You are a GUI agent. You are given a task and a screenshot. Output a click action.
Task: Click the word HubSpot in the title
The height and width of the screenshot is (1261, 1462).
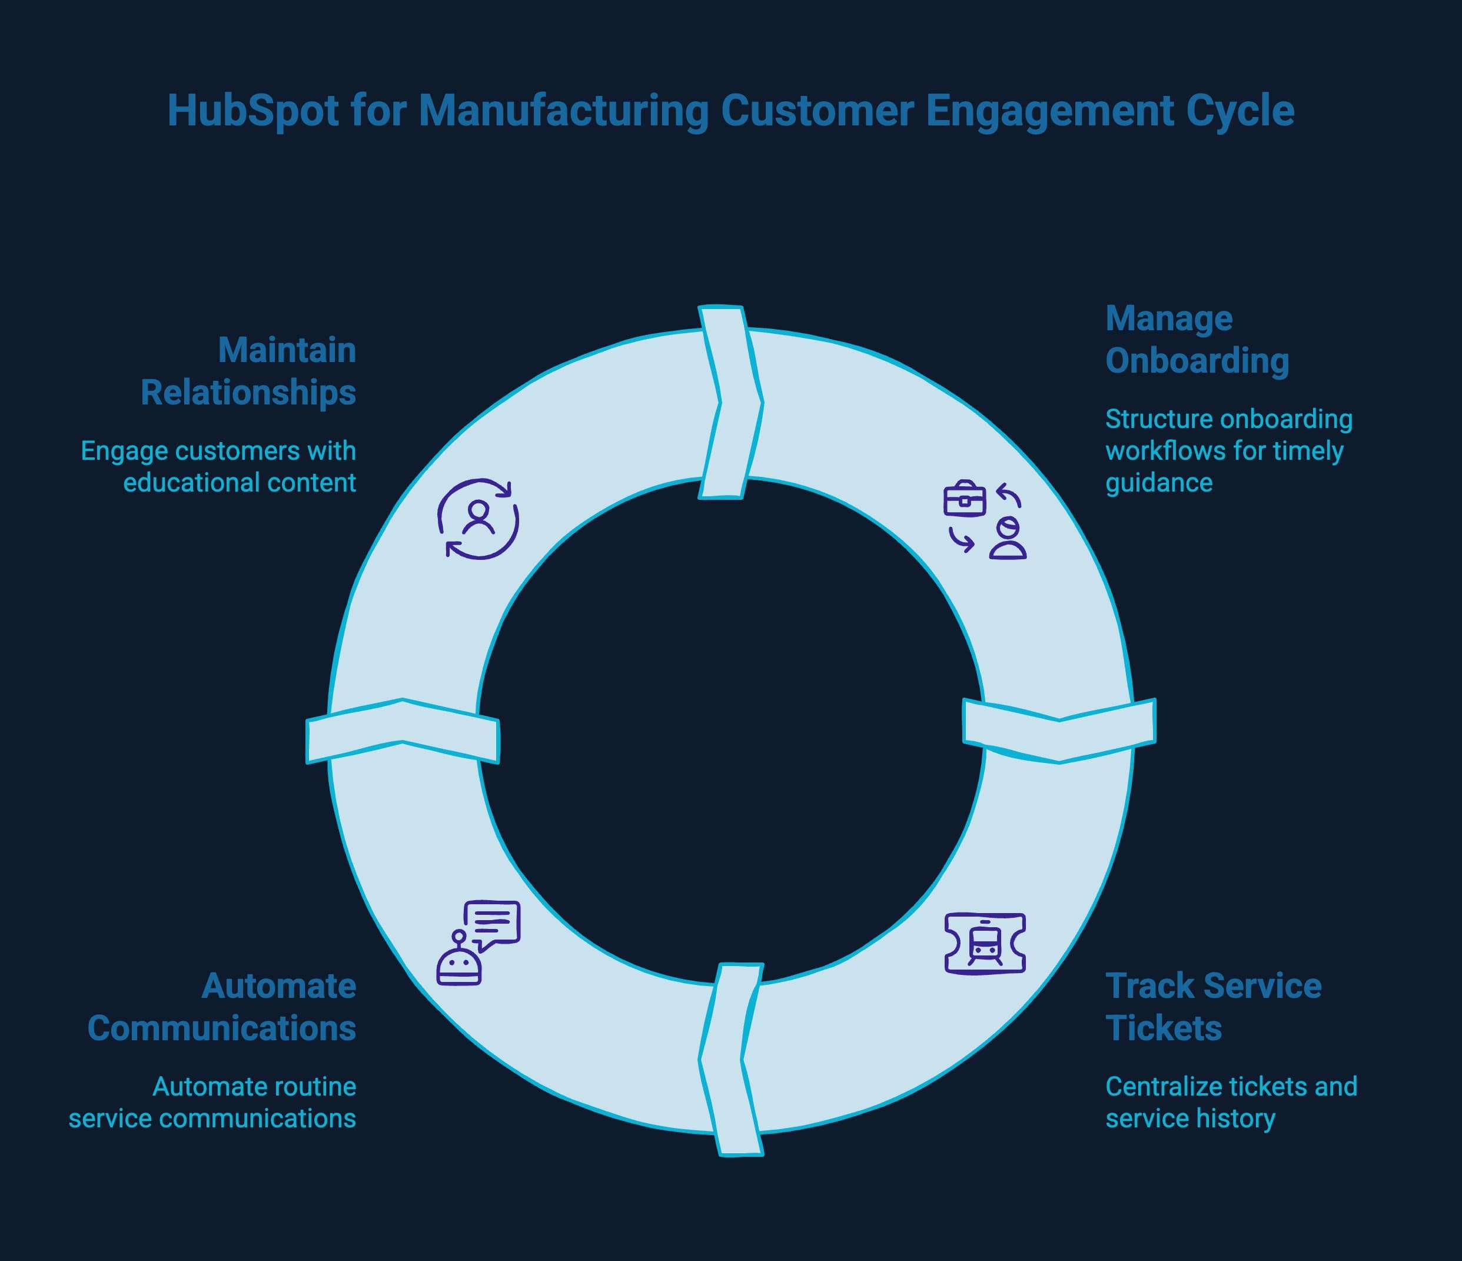pos(252,111)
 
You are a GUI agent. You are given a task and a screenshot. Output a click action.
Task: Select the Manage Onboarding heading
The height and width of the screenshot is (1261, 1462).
pos(1197,340)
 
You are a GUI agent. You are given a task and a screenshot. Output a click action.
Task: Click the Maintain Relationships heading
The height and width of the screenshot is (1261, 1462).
pos(248,371)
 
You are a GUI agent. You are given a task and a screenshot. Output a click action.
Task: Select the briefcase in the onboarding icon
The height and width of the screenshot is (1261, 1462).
pos(964,500)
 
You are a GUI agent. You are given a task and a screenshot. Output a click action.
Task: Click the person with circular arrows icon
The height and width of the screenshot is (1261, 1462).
pos(479,519)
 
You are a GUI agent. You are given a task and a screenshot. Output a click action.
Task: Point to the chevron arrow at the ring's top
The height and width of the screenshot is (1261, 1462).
pos(730,402)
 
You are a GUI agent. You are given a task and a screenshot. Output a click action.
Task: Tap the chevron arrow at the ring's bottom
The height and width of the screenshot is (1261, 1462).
pos(730,1059)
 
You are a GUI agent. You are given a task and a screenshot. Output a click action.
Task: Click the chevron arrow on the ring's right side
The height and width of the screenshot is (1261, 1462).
pos(1059,731)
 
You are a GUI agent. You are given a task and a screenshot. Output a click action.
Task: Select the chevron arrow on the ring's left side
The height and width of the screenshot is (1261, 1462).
pos(402,731)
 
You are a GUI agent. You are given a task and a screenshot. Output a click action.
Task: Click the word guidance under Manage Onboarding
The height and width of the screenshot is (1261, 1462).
pos(1158,483)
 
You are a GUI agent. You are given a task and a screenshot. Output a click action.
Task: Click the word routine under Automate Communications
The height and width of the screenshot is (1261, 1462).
pos(310,1087)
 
